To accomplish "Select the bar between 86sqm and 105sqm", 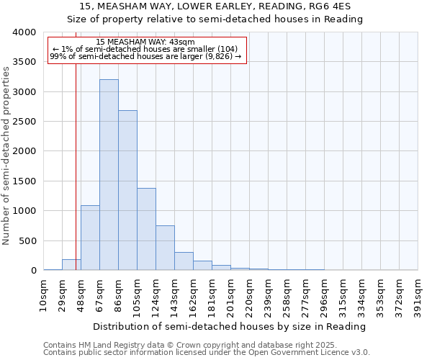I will (x=127, y=190).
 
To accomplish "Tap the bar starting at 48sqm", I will (x=90, y=238).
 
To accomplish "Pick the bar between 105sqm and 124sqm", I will (x=146, y=229).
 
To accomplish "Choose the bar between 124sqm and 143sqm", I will (x=165, y=248).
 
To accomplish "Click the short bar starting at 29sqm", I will (x=71, y=265).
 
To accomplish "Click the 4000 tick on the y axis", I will (x=24, y=32).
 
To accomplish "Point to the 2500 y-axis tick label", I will (x=24, y=122).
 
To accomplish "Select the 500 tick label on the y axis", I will (x=27, y=240).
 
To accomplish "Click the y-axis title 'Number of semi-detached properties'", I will (x=7, y=155).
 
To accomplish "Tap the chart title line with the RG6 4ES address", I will (x=215, y=6).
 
